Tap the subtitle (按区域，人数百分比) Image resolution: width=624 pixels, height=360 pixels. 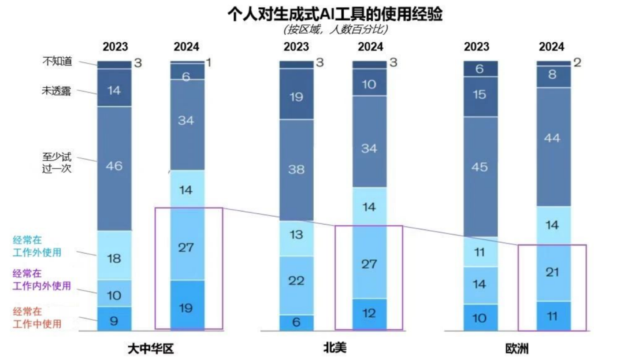click(335, 29)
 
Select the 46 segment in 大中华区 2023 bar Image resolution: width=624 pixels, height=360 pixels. click(114, 166)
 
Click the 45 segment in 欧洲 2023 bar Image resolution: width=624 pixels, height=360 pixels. click(481, 168)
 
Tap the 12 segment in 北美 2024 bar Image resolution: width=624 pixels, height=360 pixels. click(369, 314)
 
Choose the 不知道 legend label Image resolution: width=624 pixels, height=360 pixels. click(57, 60)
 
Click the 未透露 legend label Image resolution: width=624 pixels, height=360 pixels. click(57, 91)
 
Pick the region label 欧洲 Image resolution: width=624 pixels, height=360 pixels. click(517, 349)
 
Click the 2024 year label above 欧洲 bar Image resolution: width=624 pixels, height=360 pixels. click(552, 47)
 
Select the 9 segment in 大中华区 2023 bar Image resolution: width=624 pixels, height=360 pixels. click(114, 320)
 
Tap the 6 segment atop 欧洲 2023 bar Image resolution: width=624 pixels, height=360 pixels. click(481, 68)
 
